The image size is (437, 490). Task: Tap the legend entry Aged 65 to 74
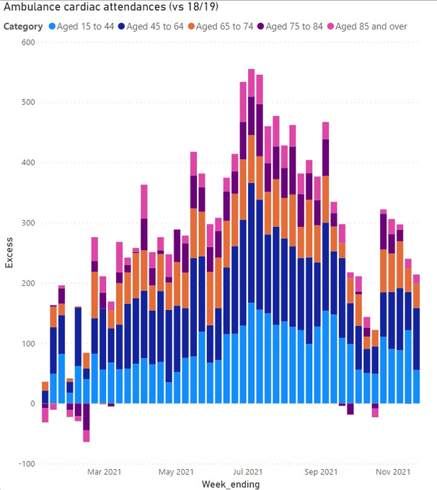click(x=223, y=27)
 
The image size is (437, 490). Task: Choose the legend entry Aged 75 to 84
click(x=293, y=27)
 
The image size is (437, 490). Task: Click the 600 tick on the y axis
click(x=27, y=42)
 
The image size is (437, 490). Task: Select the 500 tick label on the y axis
click(x=27, y=102)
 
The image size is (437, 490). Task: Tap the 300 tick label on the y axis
click(x=27, y=223)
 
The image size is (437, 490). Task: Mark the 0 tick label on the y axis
click(x=32, y=404)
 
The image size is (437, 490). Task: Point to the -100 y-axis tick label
click(x=25, y=464)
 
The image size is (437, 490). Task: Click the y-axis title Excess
click(x=9, y=253)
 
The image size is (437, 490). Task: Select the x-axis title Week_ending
click(x=231, y=484)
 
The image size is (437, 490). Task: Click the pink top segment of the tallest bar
click(x=251, y=79)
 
